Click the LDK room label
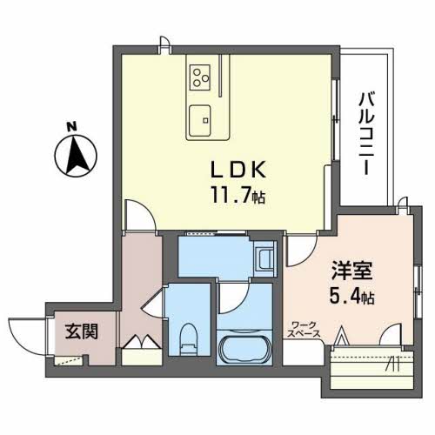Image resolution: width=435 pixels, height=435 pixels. coord(230,169)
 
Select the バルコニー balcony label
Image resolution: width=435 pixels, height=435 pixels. coord(366,130)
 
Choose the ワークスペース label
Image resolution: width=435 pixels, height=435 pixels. coord(305,330)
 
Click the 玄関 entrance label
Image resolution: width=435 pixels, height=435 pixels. coord(80,331)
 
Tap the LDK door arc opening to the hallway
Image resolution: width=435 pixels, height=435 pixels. coord(138,215)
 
